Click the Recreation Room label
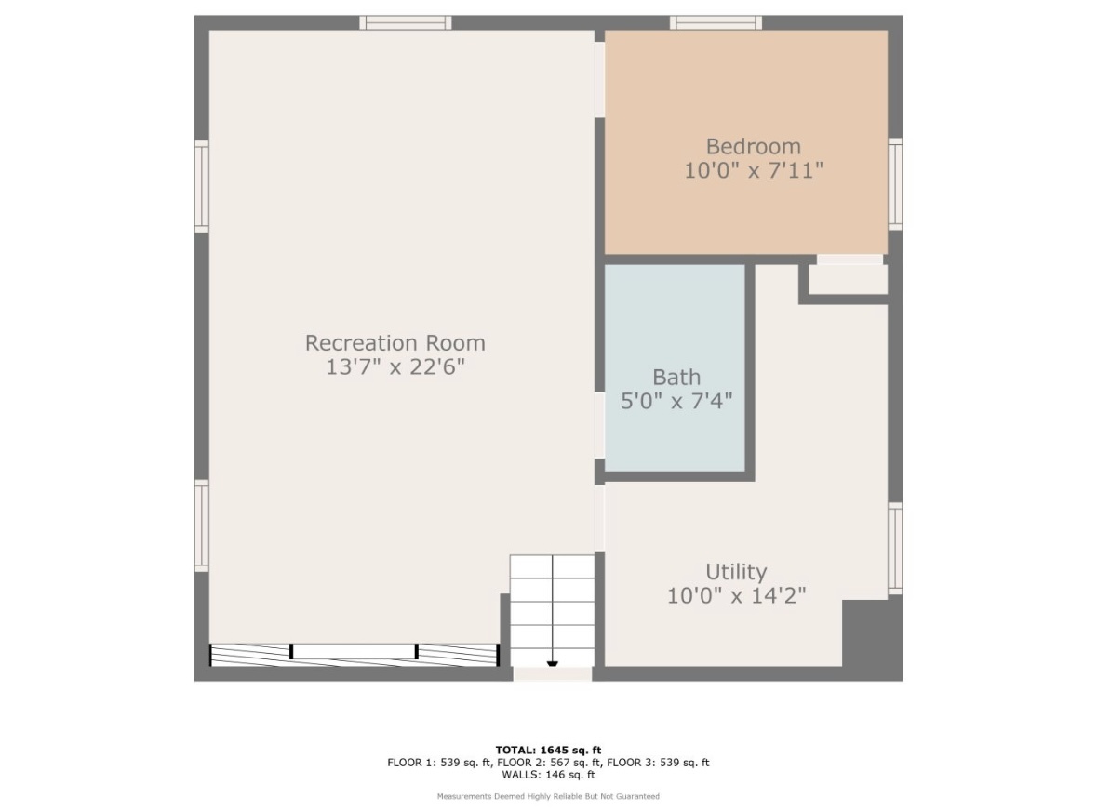coord(395,342)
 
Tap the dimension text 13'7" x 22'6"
coord(395,366)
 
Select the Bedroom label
coord(754,146)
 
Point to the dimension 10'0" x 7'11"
coord(754,170)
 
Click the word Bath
coord(676,377)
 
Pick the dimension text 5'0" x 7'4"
coord(676,401)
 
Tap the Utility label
coord(736,572)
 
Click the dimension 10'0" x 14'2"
coord(736,595)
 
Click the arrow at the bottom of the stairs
coord(553,663)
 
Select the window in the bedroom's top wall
coord(716,22)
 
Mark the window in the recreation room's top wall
coord(406,22)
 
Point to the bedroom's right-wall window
coord(895,184)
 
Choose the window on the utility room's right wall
coord(895,549)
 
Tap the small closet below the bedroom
coord(848,279)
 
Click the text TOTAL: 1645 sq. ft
coord(549,751)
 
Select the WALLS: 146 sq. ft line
coord(549,775)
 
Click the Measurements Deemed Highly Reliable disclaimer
coord(549,796)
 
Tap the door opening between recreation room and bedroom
coord(599,80)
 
